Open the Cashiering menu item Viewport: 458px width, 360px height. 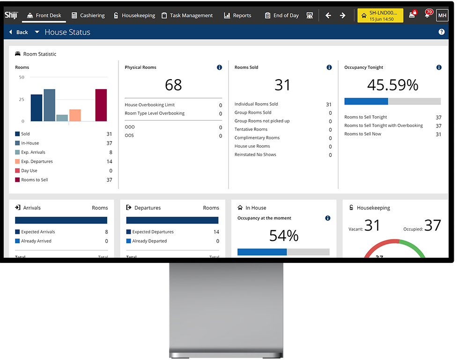point(88,15)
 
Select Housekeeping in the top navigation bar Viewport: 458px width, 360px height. point(134,15)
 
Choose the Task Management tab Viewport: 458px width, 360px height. point(187,15)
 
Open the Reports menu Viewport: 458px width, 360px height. point(237,15)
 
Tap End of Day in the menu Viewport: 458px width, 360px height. point(281,15)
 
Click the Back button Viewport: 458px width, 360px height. point(18,32)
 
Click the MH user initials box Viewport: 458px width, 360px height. point(442,15)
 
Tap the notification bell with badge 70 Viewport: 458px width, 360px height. point(427,15)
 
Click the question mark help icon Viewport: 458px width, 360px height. point(441,32)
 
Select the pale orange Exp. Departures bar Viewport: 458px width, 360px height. point(75,115)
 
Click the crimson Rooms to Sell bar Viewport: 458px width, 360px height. point(101,105)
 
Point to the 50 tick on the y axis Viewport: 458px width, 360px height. point(22,77)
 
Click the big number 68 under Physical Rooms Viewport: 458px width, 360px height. point(173,85)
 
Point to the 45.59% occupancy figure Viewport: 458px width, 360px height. point(392,85)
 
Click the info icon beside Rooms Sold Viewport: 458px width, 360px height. point(329,67)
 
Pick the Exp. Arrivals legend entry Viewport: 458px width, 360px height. point(33,152)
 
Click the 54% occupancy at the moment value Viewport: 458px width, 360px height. point(284,236)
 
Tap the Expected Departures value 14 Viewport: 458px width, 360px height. point(216,232)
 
